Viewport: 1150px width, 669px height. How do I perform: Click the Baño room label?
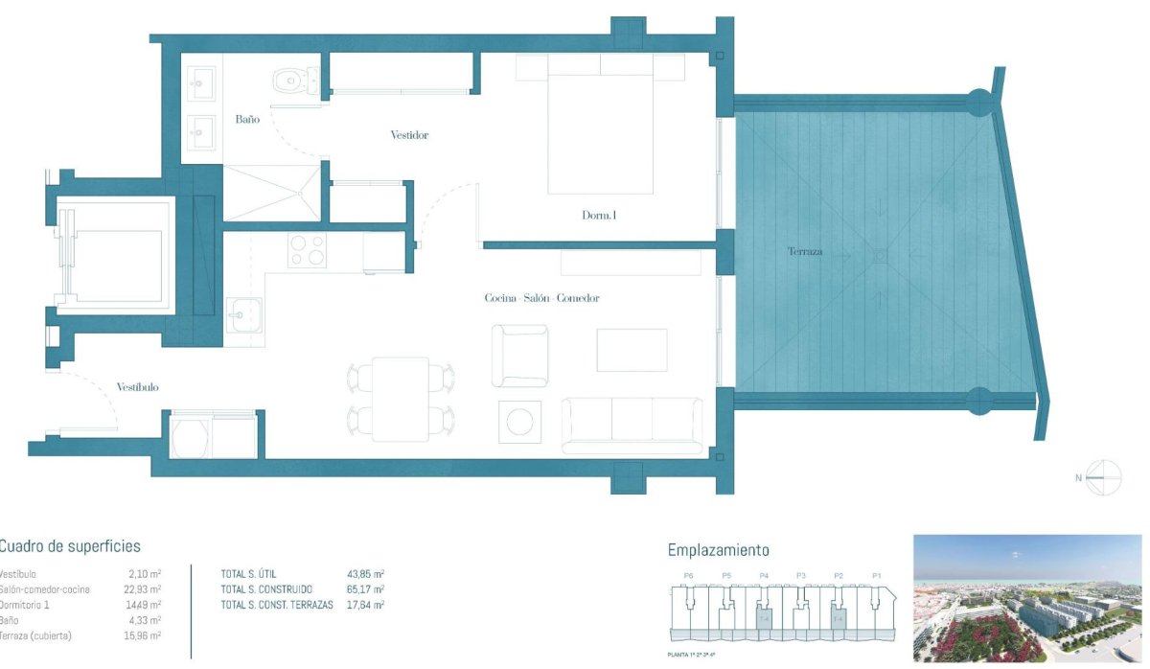tap(247, 120)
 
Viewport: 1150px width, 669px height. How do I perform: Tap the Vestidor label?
tap(409, 135)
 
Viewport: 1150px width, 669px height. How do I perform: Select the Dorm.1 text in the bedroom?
tap(599, 216)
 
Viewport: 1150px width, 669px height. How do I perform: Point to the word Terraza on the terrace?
tap(805, 253)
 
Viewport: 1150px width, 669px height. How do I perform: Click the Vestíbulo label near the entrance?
tap(137, 386)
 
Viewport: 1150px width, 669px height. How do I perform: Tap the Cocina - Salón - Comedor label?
tap(541, 298)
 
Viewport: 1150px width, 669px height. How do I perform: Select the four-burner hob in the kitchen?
tap(308, 250)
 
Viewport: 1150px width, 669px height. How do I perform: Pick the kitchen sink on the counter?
tap(244, 312)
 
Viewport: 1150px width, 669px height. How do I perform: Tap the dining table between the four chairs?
tap(401, 398)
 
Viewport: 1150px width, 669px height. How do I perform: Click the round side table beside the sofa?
tap(519, 422)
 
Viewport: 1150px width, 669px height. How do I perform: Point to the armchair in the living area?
tap(519, 356)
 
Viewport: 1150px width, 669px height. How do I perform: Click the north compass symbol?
tap(1103, 476)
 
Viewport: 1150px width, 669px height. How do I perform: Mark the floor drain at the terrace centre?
tap(879, 255)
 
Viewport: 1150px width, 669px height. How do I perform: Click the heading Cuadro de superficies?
tap(69, 546)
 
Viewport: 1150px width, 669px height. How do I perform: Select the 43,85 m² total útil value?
tap(365, 573)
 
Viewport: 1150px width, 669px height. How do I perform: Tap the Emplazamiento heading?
tap(718, 550)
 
